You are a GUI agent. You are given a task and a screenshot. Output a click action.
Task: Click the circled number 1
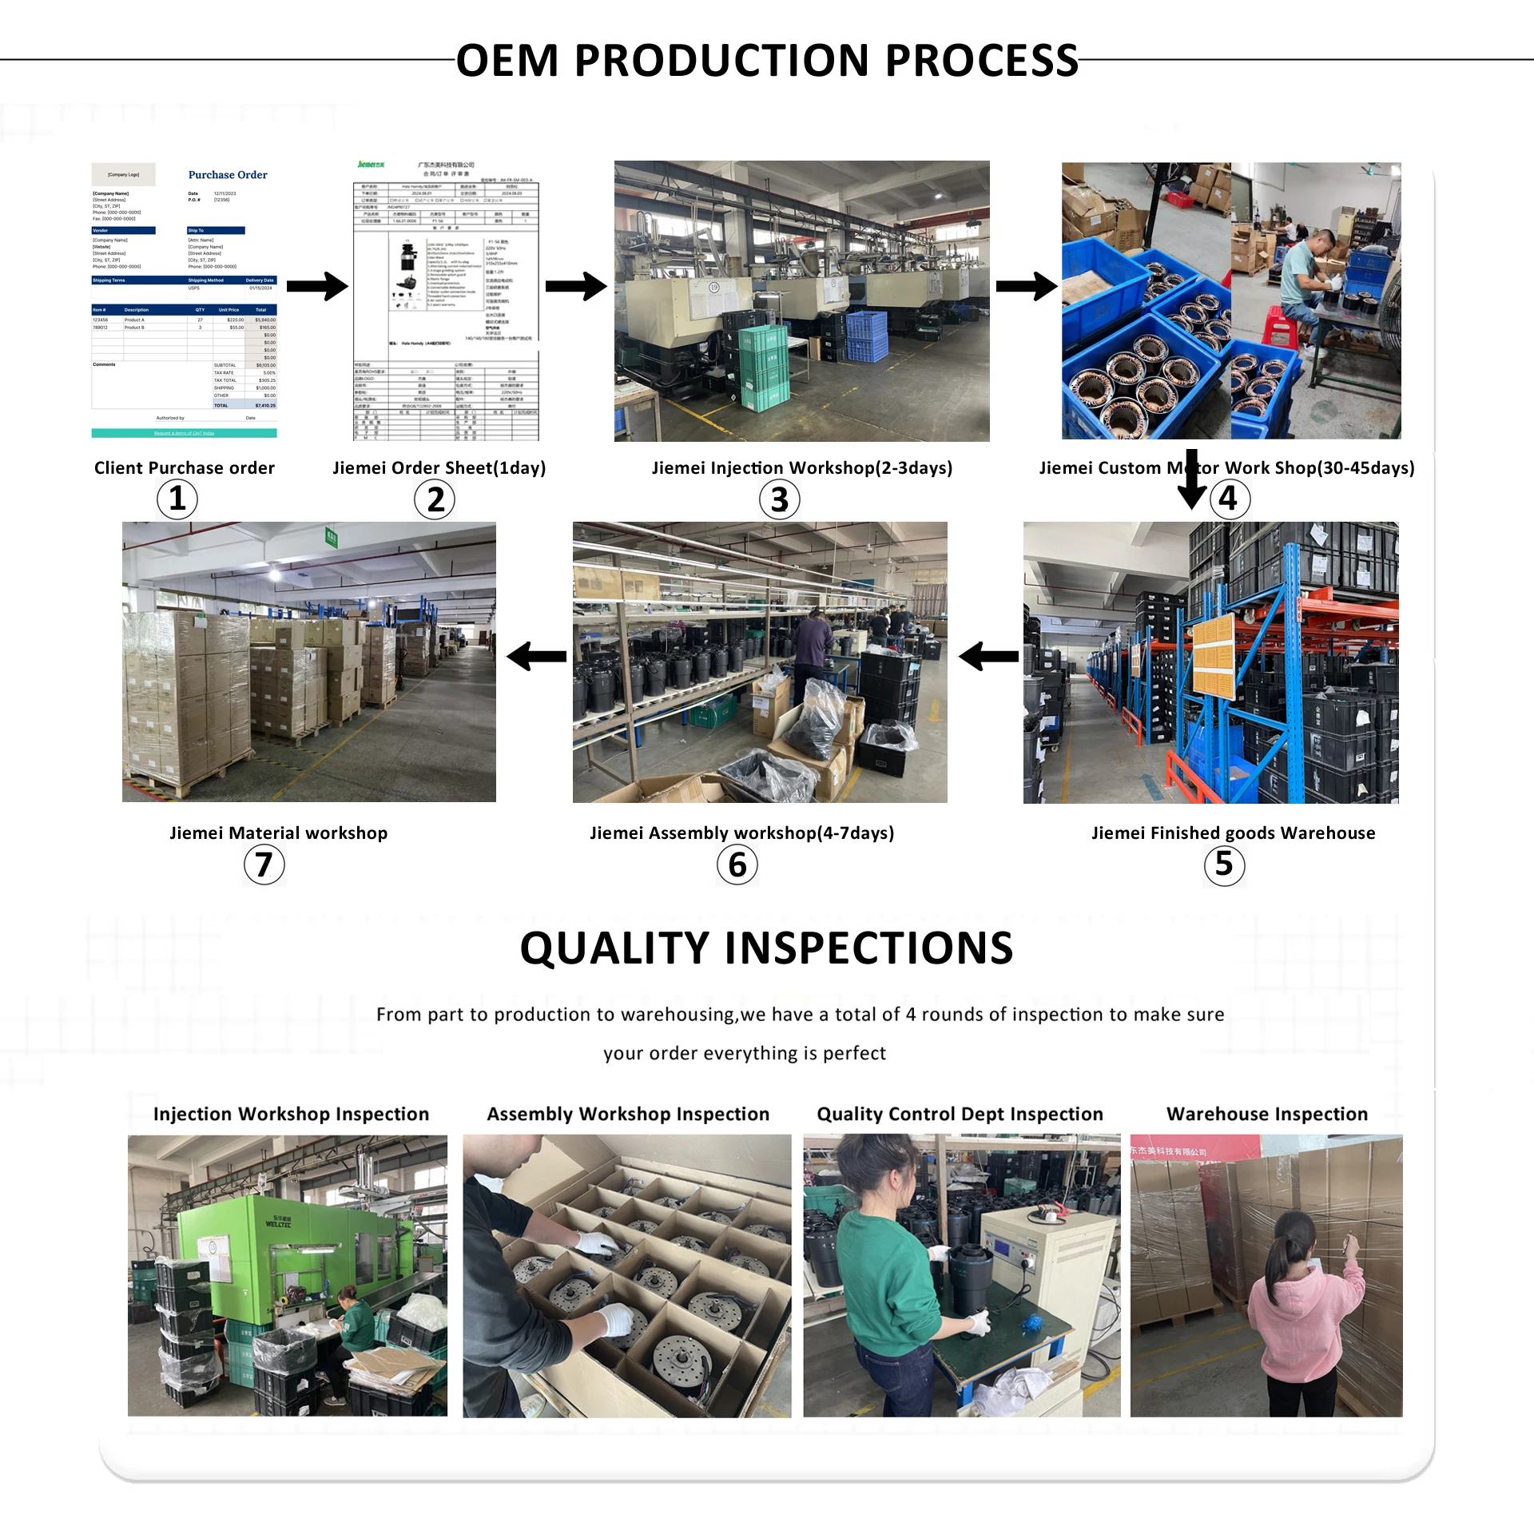point(177,499)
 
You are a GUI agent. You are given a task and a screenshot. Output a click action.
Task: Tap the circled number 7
point(264,865)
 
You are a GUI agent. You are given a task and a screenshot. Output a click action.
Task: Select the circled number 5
point(1224,865)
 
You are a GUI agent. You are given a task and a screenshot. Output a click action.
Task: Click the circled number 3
point(779,500)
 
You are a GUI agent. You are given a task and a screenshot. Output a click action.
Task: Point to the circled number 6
point(737,865)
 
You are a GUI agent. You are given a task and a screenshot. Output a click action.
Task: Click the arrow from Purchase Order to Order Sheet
point(317,286)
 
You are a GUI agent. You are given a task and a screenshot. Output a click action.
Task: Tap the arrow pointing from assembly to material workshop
point(536,658)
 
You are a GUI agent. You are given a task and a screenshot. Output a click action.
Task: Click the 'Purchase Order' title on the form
point(228,175)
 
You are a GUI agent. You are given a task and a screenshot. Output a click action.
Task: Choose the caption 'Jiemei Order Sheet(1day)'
point(439,468)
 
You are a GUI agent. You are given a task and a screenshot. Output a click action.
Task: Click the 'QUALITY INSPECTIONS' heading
point(766,948)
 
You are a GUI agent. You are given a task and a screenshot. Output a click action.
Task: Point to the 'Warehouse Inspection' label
point(1267,1114)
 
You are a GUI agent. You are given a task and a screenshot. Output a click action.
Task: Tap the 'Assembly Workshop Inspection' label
point(628,1114)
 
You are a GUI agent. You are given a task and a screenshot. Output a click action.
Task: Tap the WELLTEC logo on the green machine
point(278,1222)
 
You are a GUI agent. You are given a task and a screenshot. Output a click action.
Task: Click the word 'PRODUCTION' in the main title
point(721,61)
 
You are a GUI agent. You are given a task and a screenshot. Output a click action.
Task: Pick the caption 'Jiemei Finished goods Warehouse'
point(1233,833)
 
